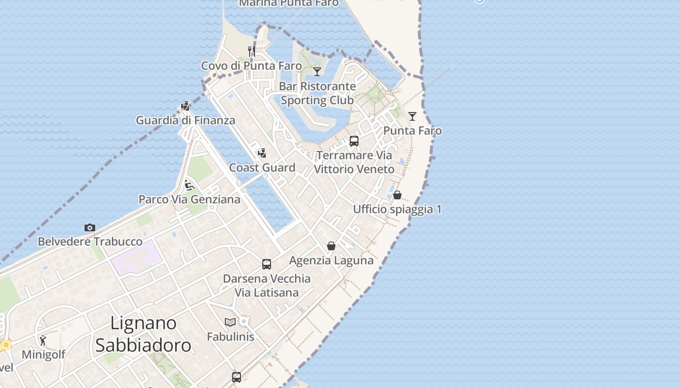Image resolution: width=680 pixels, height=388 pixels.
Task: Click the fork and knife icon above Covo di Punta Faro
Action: pos(252,51)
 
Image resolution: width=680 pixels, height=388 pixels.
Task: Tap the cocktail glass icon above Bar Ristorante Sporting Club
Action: pos(317,72)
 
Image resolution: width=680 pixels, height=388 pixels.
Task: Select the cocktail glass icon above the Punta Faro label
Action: pos(412,116)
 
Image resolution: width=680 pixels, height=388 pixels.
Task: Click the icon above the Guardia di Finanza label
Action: pos(186,106)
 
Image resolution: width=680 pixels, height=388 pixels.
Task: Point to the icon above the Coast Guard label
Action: pos(262,153)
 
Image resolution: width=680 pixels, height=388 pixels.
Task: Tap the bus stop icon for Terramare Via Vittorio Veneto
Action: pos(354,141)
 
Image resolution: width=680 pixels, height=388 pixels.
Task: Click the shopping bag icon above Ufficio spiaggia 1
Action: pos(397,195)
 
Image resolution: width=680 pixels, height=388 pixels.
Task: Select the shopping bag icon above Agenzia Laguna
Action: pos(331,246)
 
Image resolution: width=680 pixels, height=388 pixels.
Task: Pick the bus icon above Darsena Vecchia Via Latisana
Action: pos(267,264)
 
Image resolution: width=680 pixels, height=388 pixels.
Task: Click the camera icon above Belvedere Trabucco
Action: pos(90,227)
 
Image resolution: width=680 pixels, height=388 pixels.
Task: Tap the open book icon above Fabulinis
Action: pos(230,322)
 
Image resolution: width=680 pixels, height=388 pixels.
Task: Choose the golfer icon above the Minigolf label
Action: pos(43,340)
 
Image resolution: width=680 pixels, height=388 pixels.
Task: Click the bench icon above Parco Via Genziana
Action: pos(189,185)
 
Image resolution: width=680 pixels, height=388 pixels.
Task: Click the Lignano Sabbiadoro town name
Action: pos(143,334)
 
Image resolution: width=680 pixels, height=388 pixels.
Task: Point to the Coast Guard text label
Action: pos(262,168)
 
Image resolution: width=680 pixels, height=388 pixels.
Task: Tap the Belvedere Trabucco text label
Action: pos(90,242)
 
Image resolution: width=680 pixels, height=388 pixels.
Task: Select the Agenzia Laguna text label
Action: pos(331,260)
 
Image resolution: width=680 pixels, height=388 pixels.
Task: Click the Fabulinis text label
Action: pos(231,337)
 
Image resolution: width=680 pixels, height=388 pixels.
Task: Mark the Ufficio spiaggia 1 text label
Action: pos(397,210)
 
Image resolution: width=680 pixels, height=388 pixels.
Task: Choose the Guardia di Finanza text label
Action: pos(186,120)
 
